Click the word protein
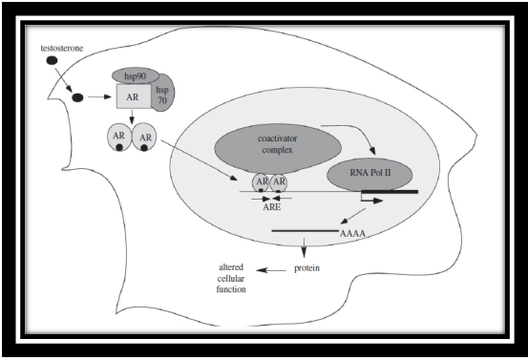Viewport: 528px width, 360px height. click(x=305, y=267)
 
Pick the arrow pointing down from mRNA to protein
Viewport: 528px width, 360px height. click(x=304, y=246)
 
